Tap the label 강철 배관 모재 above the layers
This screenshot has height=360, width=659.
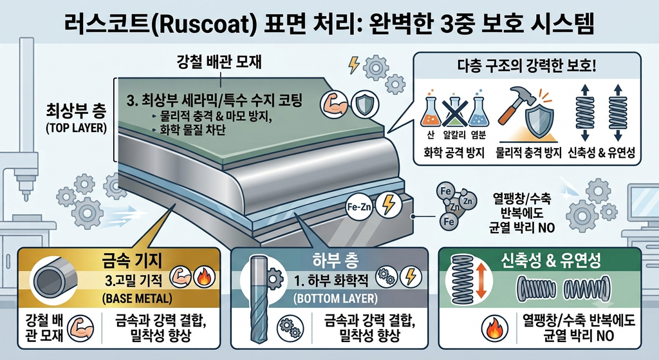[x=219, y=62]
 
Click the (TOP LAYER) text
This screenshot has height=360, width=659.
[x=76, y=128]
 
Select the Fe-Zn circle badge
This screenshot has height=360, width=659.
[x=360, y=207]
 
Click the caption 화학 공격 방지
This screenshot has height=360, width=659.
[x=454, y=152]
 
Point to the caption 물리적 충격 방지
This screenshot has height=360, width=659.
[x=528, y=152]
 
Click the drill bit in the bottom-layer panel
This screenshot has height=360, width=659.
[x=257, y=299]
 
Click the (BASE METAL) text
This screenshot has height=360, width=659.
[x=137, y=299]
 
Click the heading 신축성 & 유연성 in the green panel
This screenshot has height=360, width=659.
[x=551, y=261]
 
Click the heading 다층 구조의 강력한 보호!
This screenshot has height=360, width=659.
[x=526, y=66]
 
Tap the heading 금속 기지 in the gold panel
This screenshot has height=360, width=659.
[x=132, y=261]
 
